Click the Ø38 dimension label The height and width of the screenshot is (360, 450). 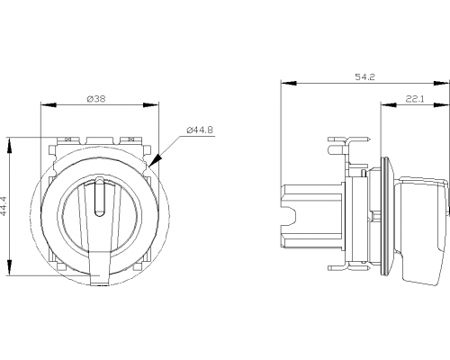pos(96,99)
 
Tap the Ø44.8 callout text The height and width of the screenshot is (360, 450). pos(200,130)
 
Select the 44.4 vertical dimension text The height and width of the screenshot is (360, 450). pos(4,206)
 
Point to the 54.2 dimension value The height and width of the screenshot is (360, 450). pos(365,77)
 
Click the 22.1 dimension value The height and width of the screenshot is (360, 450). pos(415,99)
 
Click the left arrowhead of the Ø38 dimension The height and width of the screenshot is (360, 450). pos(49,105)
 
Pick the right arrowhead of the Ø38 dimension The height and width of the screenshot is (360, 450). pos(150,105)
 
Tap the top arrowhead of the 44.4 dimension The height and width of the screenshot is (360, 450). pos(10,146)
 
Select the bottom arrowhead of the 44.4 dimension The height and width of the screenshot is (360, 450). pos(10,268)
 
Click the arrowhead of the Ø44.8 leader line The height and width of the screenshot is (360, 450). pos(156,160)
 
